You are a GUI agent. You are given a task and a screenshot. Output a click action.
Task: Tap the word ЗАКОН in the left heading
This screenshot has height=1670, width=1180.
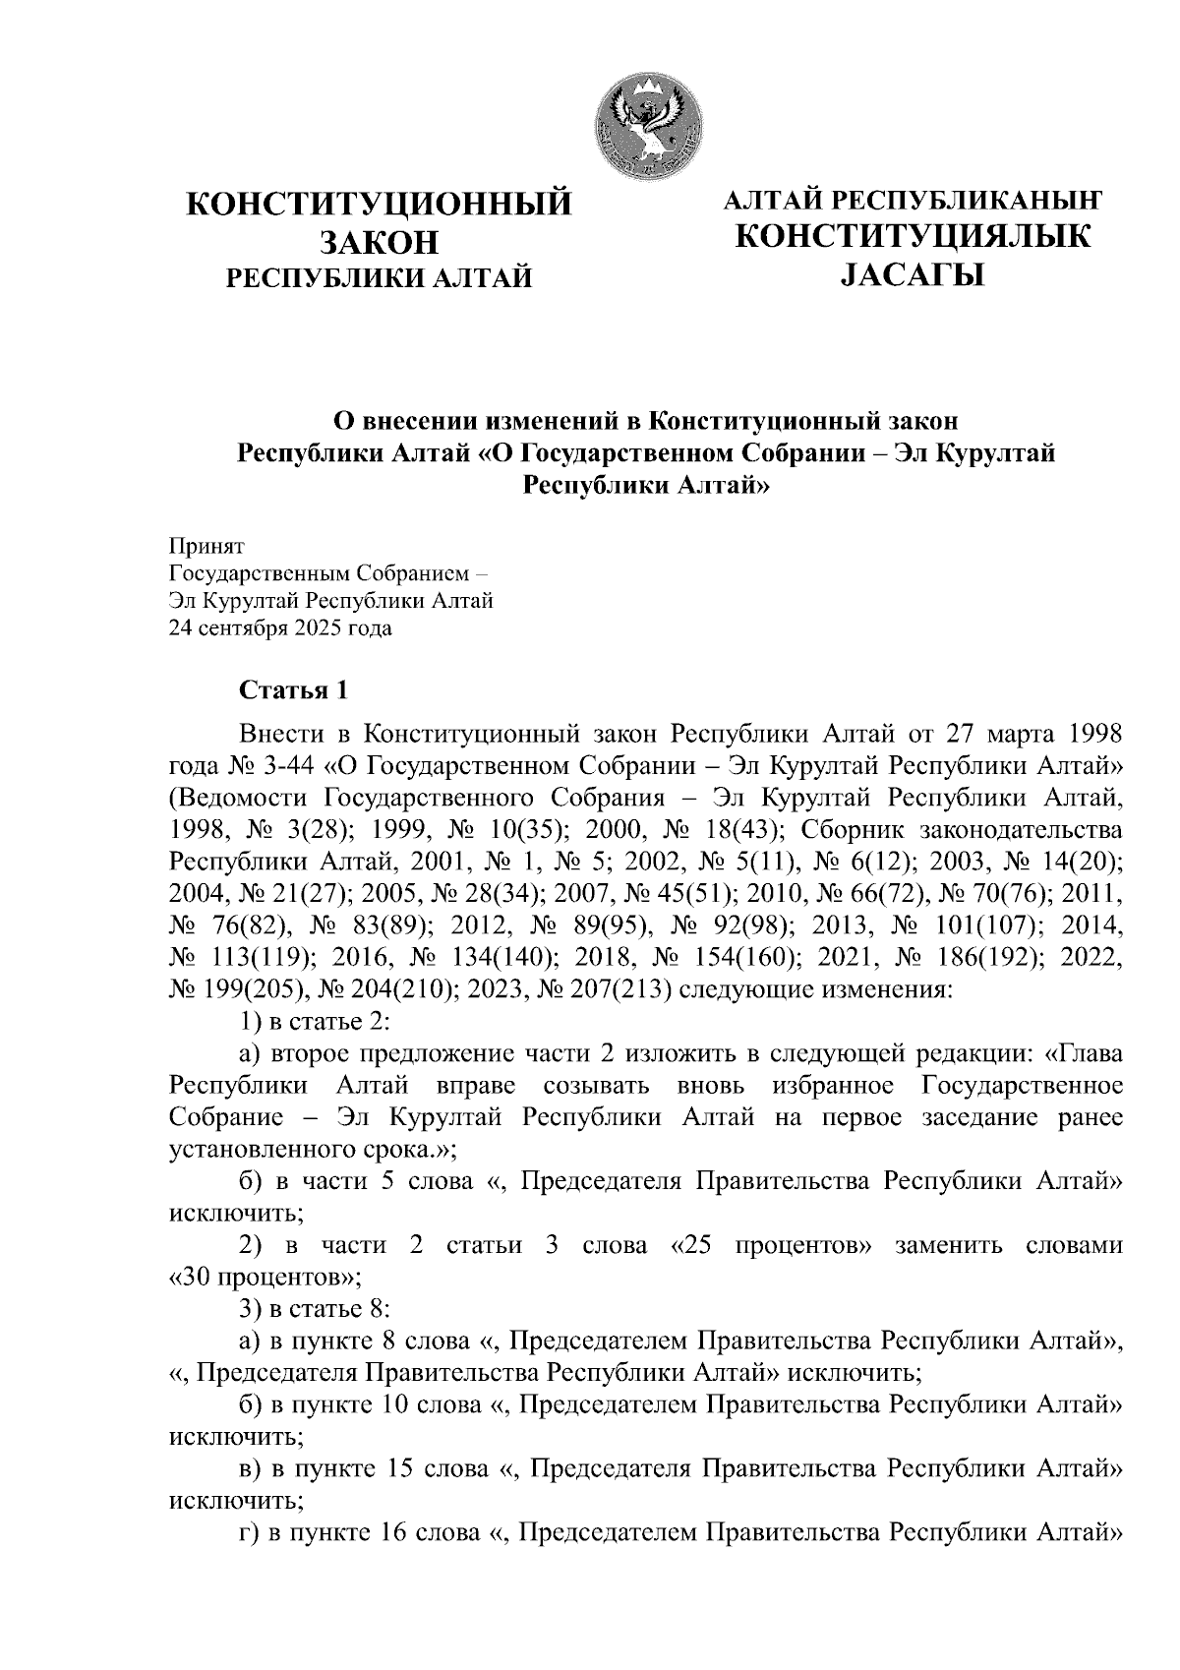pyautogui.click(x=379, y=242)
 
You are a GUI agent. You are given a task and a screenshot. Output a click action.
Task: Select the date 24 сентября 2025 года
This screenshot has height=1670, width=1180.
pyautogui.click(x=280, y=628)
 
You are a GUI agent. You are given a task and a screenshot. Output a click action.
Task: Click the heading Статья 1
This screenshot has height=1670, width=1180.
pyautogui.click(x=294, y=690)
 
